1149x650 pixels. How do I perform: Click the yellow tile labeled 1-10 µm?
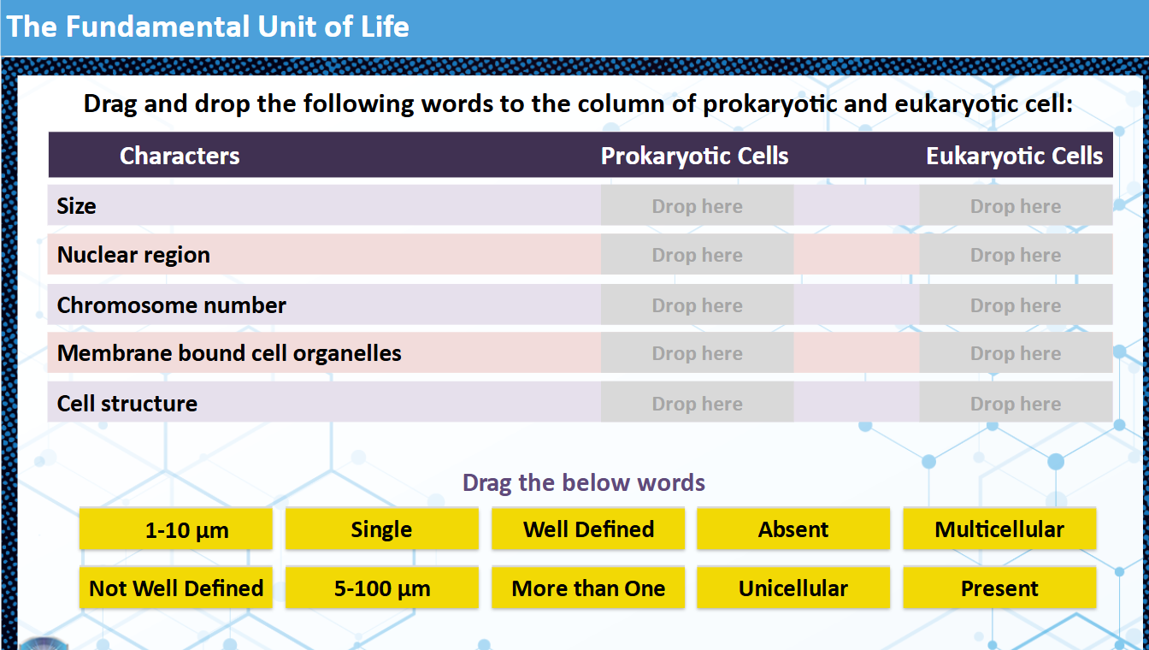click(176, 529)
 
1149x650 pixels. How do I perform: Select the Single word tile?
click(381, 529)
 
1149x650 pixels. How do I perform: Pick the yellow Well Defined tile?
click(588, 529)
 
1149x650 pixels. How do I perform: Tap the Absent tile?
click(793, 529)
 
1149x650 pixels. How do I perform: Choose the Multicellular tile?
click(999, 529)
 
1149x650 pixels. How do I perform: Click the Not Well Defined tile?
click(176, 588)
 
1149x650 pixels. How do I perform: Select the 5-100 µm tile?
click(381, 588)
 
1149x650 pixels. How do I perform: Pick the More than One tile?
click(588, 588)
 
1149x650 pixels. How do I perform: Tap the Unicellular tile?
click(793, 588)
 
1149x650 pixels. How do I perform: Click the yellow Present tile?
click(999, 588)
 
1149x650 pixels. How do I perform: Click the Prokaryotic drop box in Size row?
click(697, 206)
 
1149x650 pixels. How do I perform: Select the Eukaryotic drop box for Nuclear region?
click(1016, 255)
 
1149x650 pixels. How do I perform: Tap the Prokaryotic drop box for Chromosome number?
click(697, 305)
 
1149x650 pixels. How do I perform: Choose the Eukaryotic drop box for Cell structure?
click(1016, 404)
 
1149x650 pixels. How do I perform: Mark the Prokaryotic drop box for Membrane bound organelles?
click(697, 353)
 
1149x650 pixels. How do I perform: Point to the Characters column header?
click(180, 156)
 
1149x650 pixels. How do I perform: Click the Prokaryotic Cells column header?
click(694, 156)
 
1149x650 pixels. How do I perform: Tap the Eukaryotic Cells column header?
click(1014, 156)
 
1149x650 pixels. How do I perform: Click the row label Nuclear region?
click(133, 255)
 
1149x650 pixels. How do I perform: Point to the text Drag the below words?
click(584, 483)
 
